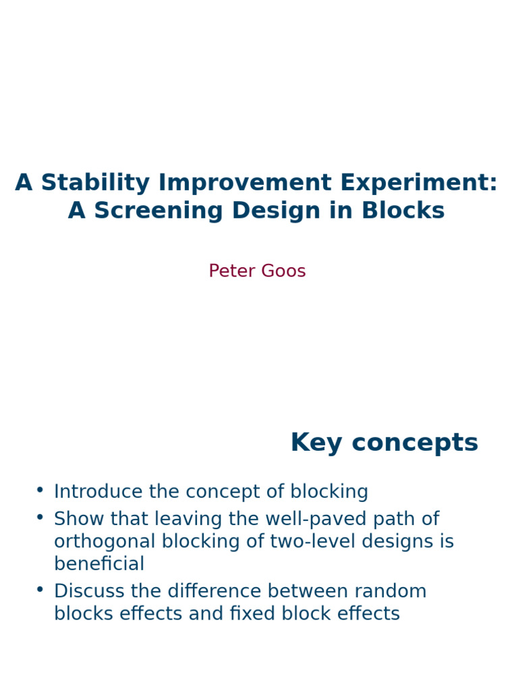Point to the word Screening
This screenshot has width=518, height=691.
point(156,211)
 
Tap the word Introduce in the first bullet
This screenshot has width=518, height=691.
point(98,491)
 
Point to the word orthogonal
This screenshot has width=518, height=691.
point(104,542)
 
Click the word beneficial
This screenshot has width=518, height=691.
point(99,564)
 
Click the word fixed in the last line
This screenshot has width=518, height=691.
point(262,613)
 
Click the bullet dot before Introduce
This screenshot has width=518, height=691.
point(40,489)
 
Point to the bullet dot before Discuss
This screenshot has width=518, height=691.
point(40,589)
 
